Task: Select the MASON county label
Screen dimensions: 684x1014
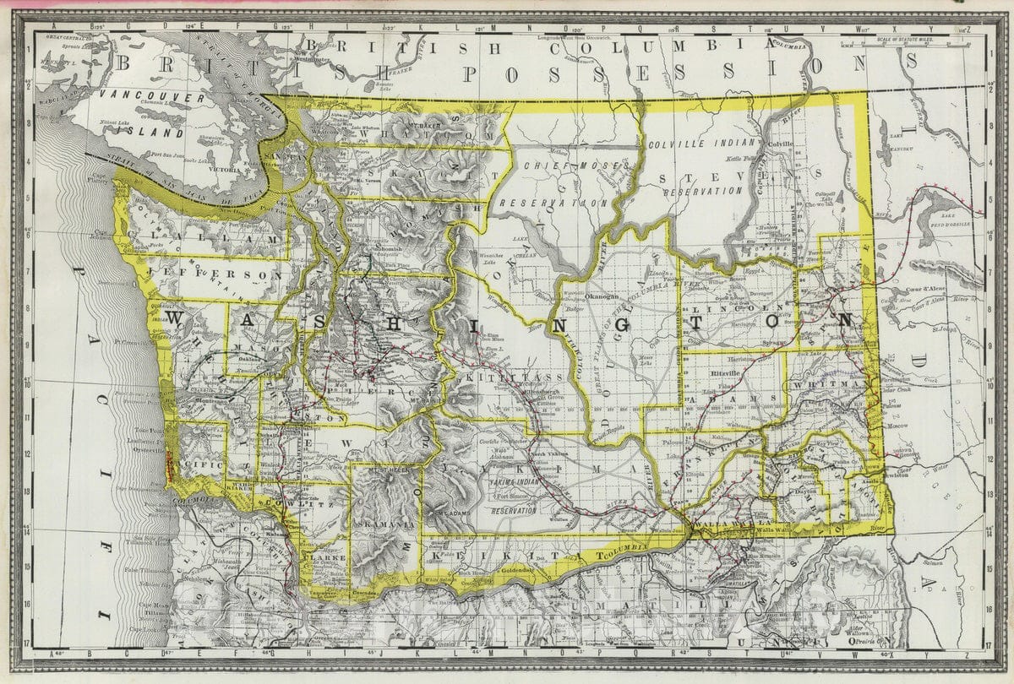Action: point(253,347)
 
